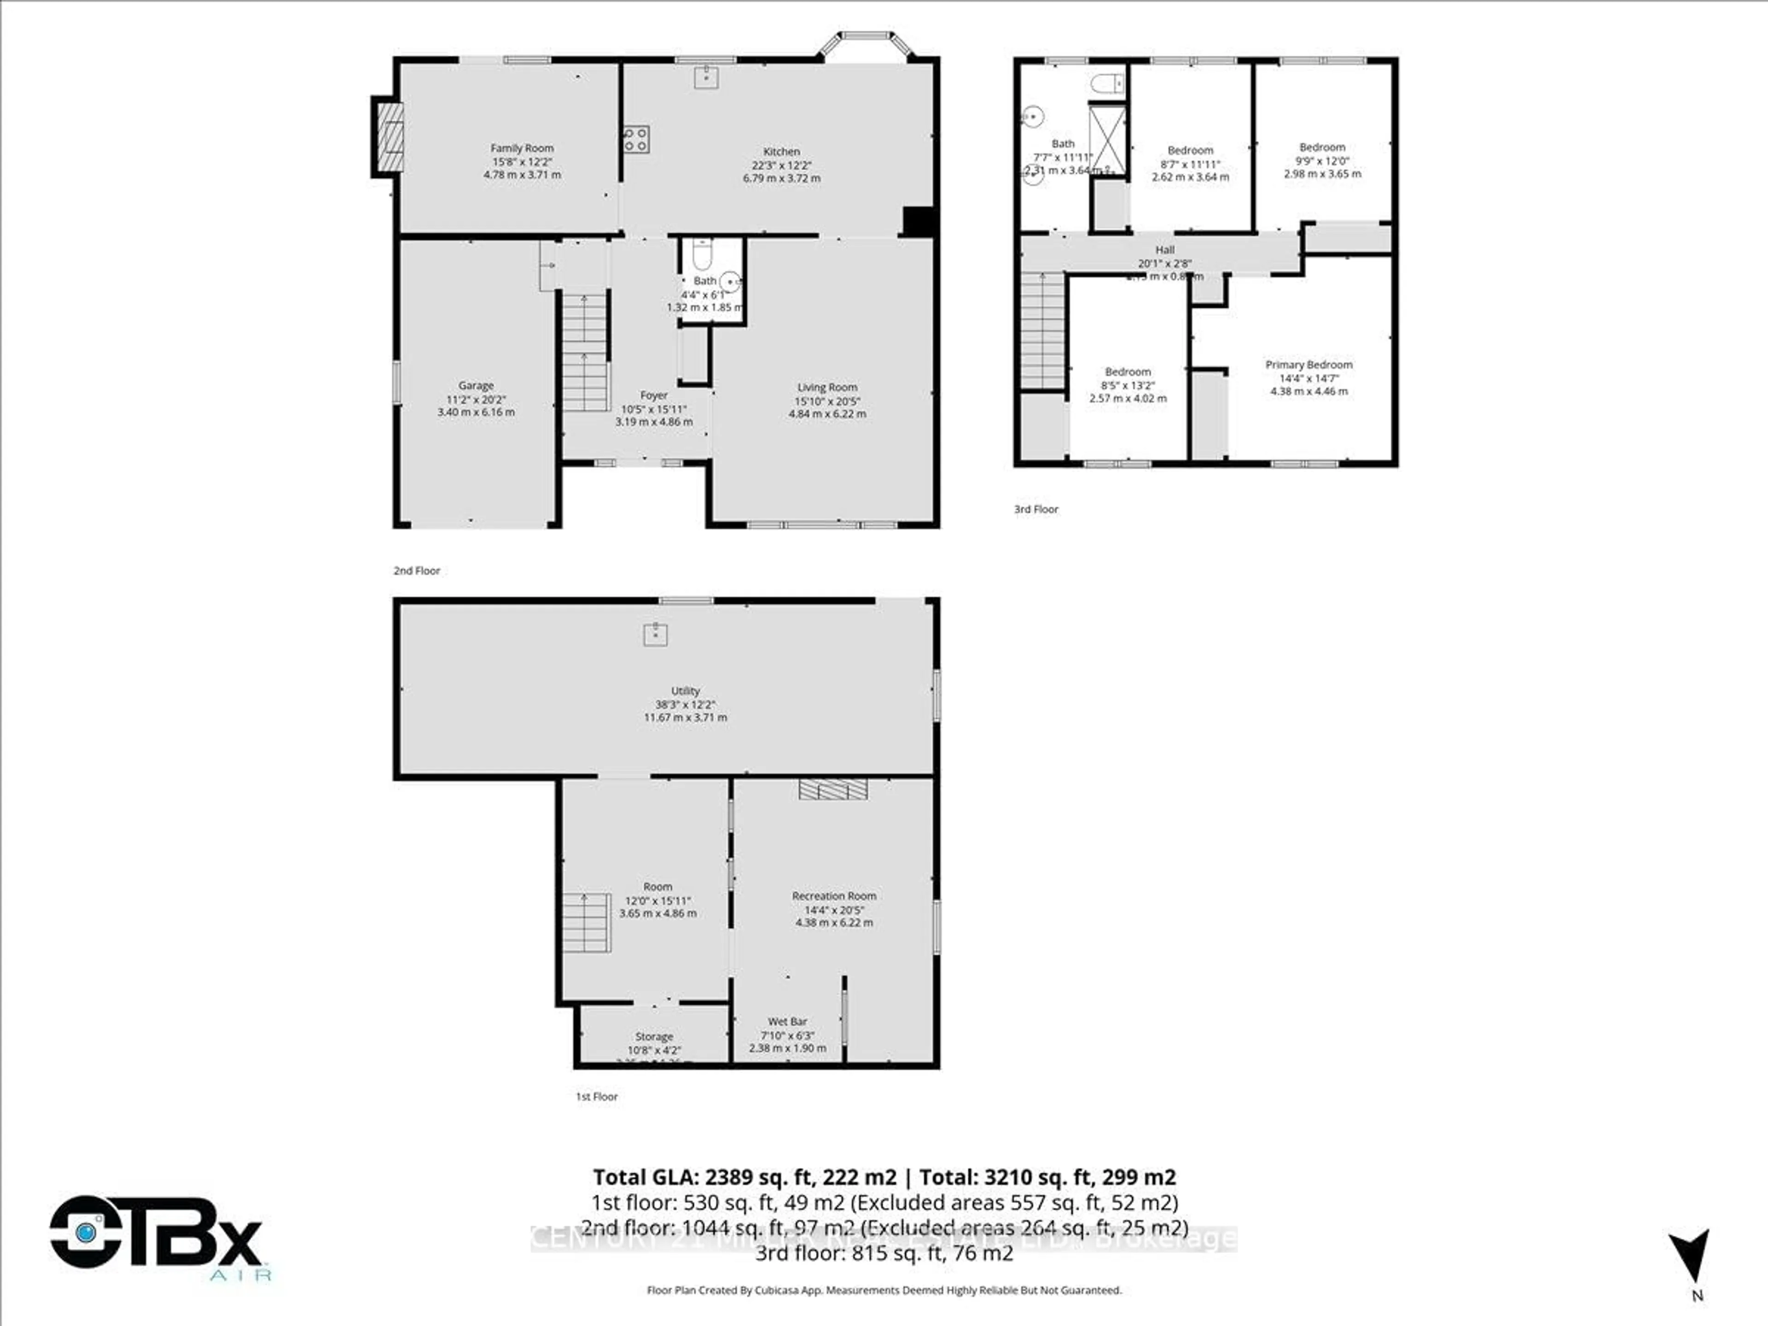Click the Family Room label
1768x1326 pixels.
522,148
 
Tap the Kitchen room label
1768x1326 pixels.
781,151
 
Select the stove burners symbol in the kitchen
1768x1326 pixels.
636,140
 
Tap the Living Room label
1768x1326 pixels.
826,387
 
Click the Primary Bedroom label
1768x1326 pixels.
1309,365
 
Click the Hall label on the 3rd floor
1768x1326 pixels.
1164,250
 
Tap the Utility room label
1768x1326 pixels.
685,691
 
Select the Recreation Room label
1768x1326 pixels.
834,896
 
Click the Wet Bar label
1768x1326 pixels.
787,1022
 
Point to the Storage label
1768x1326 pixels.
654,1037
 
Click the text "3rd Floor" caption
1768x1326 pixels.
1036,509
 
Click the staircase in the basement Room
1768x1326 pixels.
587,922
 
